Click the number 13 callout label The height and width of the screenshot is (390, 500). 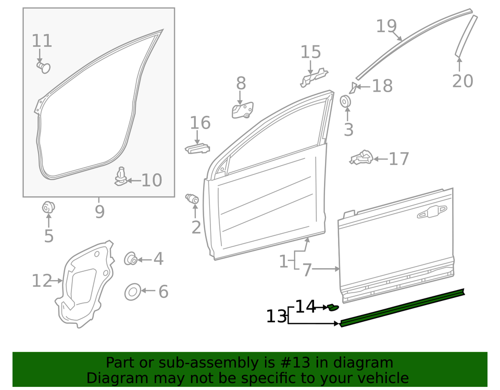click(277, 317)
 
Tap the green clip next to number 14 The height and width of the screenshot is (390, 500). click(333, 307)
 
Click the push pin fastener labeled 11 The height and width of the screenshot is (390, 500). click(43, 67)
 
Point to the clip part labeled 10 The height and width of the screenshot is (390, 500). click(120, 177)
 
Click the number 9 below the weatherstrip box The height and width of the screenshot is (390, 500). click(99, 212)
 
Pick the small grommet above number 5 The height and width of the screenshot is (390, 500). click(48, 208)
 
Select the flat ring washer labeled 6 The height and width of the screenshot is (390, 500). click(133, 292)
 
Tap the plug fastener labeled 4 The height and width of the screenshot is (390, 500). click(130, 259)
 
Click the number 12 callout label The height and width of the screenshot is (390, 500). click(42, 281)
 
